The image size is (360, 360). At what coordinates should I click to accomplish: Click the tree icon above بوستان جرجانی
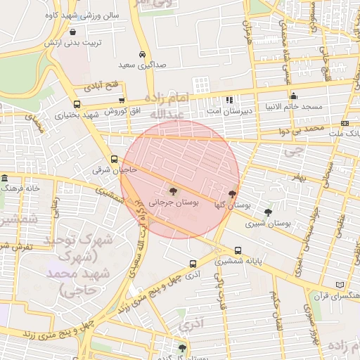coord(172,190)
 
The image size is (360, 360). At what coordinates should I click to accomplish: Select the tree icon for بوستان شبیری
coord(268,212)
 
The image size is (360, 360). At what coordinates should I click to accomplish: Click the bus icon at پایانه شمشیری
coord(238,250)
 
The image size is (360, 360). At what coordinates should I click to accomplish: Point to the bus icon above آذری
coord(193,264)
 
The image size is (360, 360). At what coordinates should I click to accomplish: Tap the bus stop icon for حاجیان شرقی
coord(114,159)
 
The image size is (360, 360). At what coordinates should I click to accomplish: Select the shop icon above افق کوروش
coord(122,101)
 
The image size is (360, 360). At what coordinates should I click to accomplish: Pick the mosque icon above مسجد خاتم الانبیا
coord(293,96)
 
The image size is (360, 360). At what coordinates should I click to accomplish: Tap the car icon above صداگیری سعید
coord(142,55)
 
